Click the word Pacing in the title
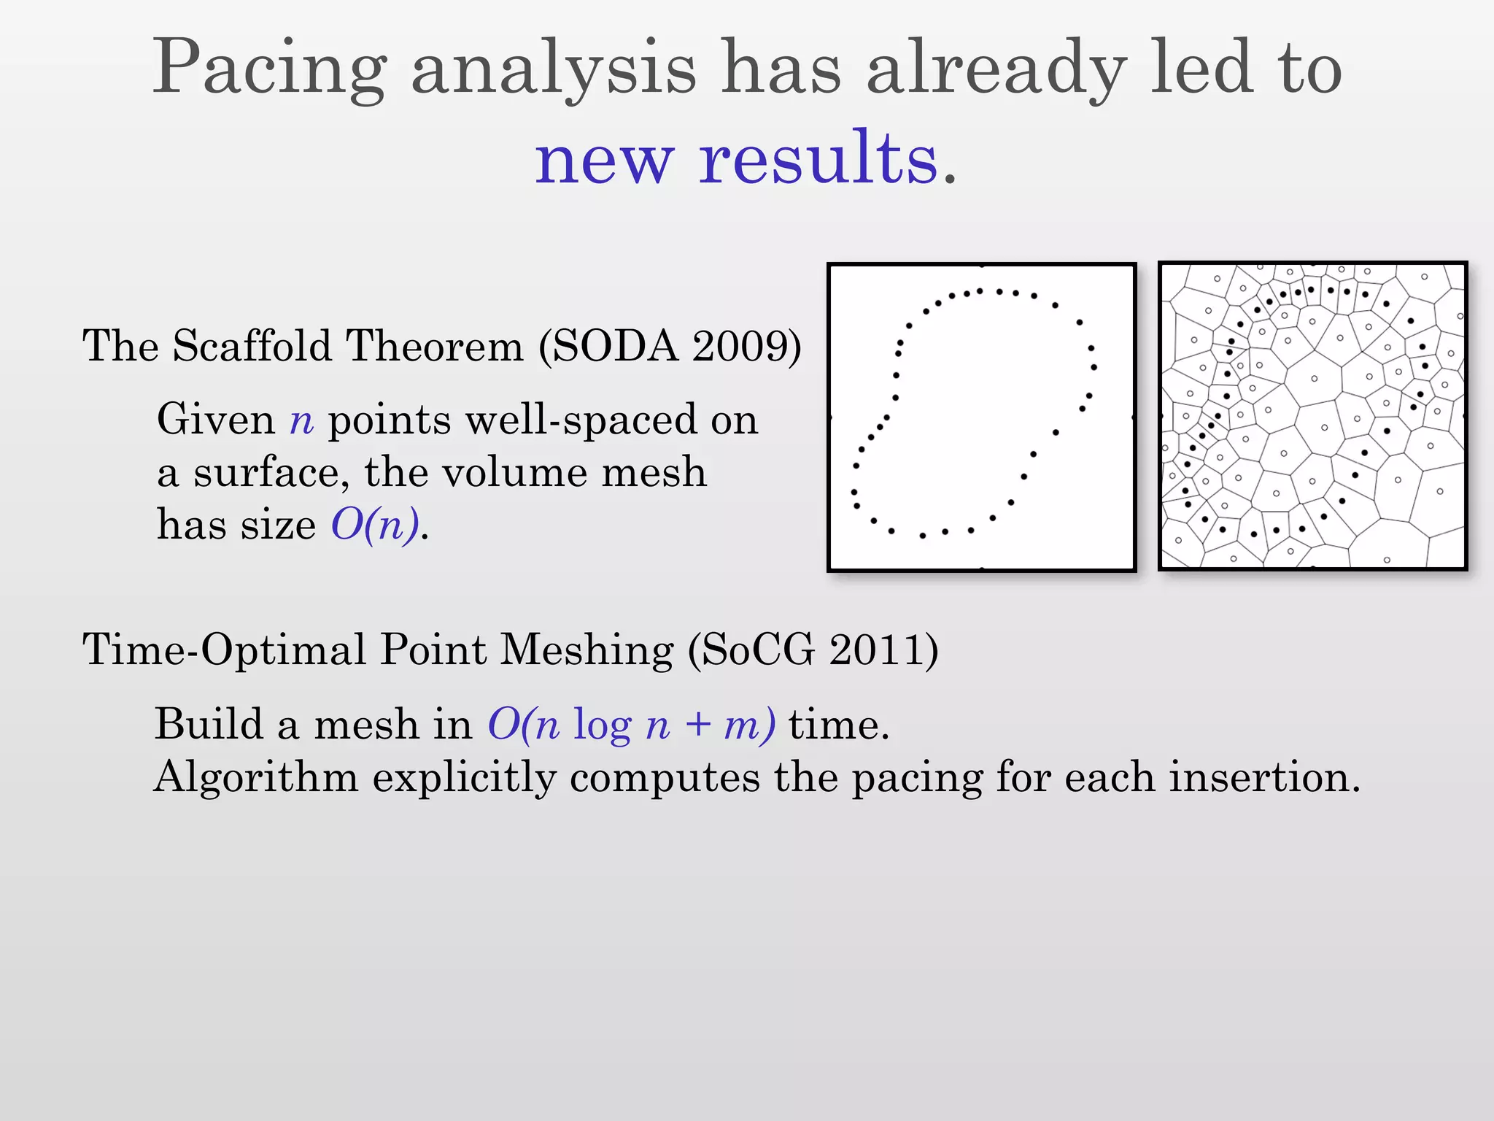[x=269, y=69]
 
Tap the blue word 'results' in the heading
[x=818, y=158]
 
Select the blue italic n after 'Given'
[x=301, y=421]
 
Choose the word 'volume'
[x=514, y=473]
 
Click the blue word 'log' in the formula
[x=603, y=726]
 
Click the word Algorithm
[x=256, y=778]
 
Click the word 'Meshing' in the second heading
[x=587, y=650]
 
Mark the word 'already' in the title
[x=996, y=69]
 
